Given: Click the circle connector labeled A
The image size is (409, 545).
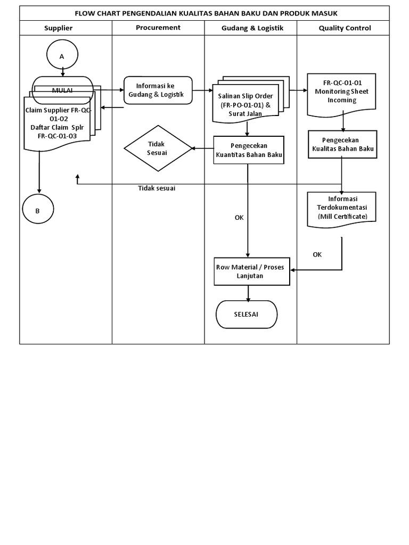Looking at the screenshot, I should pyautogui.click(x=62, y=55).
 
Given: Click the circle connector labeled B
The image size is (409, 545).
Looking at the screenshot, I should pyautogui.click(x=38, y=210).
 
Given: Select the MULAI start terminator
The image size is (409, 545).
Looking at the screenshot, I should pyautogui.click(x=63, y=90).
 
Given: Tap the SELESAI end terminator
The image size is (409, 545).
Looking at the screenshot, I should pyautogui.click(x=246, y=314).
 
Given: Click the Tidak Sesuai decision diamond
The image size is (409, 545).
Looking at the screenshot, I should pyautogui.click(x=157, y=148).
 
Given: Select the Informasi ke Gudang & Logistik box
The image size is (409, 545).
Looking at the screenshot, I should pyautogui.click(x=158, y=90).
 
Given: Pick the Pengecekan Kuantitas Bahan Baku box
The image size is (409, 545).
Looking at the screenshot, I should pyautogui.click(x=248, y=150).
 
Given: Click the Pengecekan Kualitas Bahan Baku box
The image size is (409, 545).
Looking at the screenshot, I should pyautogui.click(x=342, y=144).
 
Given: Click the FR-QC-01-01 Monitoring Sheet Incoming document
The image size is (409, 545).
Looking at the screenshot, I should pyautogui.click(x=342, y=94).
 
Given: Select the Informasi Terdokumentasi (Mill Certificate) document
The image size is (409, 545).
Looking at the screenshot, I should pyautogui.click(x=342, y=208).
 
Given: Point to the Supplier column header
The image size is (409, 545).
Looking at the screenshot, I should pyautogui.click(x=58, y=28).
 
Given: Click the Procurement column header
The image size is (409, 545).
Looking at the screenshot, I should pyautogui.click(x=158, y=27).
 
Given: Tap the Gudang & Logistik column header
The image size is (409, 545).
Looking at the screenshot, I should pyautogui.click(x=252, y=28).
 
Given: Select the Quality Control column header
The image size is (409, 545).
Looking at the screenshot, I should pyautogui.click(x=345, y=28).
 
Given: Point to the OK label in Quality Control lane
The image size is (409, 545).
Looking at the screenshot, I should pyautogui.click(x=317, y=254).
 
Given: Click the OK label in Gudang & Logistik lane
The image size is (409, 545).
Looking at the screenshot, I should pyautogui.click(x=239, y=217).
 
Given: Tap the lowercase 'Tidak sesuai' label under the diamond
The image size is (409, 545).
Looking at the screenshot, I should pyautogui.click(x=157, y=188).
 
